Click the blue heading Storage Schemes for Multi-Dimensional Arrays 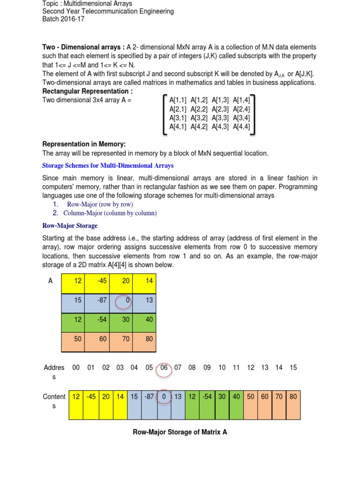(108, 165)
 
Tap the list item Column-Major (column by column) (110, 213)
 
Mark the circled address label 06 (164, 368)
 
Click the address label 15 (293, 368)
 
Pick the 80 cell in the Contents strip (293, 397)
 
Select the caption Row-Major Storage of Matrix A (180, 432)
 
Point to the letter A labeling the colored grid (50, 281)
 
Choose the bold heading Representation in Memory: (84, 144)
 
